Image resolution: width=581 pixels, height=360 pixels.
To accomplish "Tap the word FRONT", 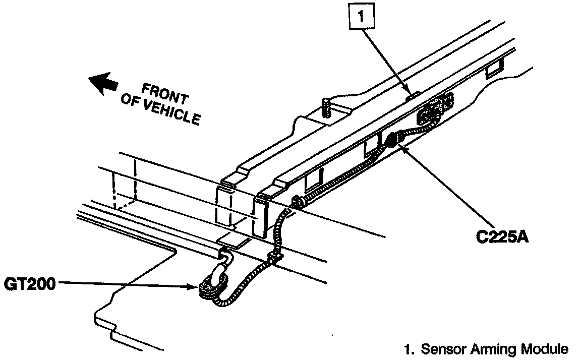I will click(164, 95).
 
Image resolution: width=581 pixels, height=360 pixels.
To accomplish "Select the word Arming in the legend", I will click(488, 349).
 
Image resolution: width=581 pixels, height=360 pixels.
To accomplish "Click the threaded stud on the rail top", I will click(325, 107).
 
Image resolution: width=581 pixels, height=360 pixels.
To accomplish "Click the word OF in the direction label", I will click(129, 101).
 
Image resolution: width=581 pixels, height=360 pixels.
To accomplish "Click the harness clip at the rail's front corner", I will click(296, 203).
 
